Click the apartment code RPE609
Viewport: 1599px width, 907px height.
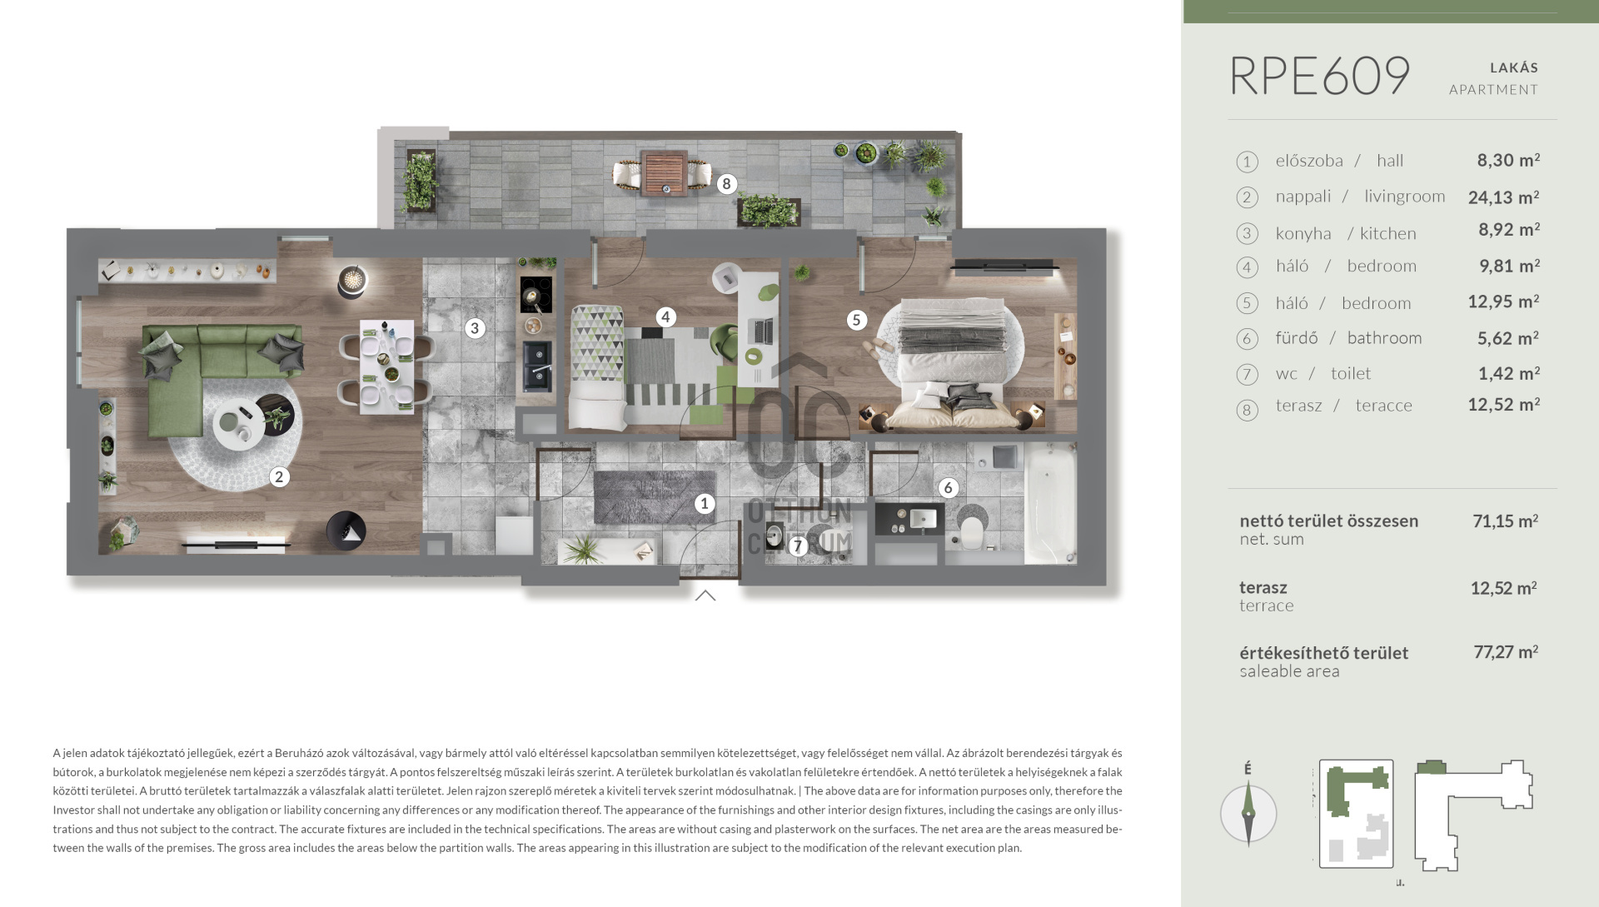point(1319,77)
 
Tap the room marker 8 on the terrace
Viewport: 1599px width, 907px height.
point(727,184)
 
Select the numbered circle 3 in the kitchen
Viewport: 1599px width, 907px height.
point(475,328)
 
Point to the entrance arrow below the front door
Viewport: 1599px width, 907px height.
point(705,595)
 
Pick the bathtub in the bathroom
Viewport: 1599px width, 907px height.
point(1050,503)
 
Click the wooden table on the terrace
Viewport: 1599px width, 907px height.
point(665,172)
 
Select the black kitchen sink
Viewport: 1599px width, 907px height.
point(537,366)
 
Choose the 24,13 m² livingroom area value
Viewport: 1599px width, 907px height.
point(1503,197)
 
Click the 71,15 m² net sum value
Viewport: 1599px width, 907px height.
point(1505,521)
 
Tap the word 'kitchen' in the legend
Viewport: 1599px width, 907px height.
point(1388,234)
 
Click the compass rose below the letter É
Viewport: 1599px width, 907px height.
point(1248,814)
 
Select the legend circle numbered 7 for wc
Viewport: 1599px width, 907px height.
point(1247,375)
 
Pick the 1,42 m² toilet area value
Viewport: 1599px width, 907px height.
point(1508,374)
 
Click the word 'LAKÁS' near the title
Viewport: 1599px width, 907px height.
point(1514,67)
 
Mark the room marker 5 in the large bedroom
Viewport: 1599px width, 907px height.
point(856,320)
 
